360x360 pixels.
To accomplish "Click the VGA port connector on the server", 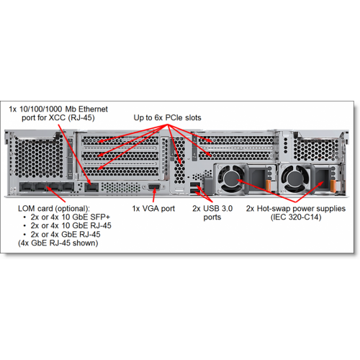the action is tap(154, 187).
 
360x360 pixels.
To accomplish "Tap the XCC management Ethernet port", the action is tap(91, 187).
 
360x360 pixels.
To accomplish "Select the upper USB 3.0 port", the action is tap(194, 185).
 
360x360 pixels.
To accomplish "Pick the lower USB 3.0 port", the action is tap(194, 191).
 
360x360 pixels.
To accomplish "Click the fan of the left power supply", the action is tap(230, 179).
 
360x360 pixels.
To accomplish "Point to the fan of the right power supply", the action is tap(293, 179).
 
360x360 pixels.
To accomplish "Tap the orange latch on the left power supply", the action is tap(269, 186).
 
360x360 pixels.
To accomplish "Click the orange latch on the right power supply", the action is tap(333, 186).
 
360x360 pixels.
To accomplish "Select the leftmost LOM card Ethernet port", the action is tap(26, 187).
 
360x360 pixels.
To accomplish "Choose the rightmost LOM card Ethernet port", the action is tap(68, 187).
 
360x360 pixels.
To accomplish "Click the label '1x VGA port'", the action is tap(153, 209).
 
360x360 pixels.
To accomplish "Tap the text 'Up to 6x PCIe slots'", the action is tap(167, 117).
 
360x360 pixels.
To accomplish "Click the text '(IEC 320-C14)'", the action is tap(296, 217).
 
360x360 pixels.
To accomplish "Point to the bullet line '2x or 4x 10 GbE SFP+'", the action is tap(71, 217).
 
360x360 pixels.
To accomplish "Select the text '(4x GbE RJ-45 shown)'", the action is tap(58, 243).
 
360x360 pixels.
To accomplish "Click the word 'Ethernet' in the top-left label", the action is tap(93, 109).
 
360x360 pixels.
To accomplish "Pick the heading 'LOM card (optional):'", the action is tap(54, 208).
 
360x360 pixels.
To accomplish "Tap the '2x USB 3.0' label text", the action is tap(212, 208).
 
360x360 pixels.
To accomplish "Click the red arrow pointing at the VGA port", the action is tap(154, 195).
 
